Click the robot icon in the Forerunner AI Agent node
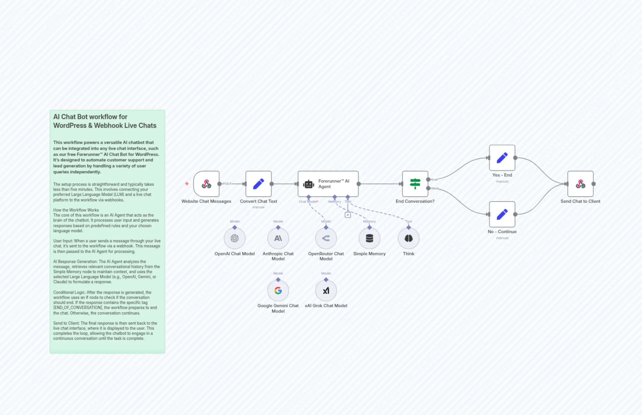click(308, 184)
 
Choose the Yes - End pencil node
click(502, 158)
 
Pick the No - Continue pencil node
click(502, 214)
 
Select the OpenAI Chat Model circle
click(235, 238)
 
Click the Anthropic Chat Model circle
click(278, 238)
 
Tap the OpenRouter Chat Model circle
click(326, 238)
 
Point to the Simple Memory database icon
click(369, 238)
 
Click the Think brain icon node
click(409, 238)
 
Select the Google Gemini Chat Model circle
click(278, 291)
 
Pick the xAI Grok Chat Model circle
click(326, 291)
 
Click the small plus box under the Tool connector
click(348, 215)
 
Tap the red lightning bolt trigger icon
click(187, 184)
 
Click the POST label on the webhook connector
click(227, 184)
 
